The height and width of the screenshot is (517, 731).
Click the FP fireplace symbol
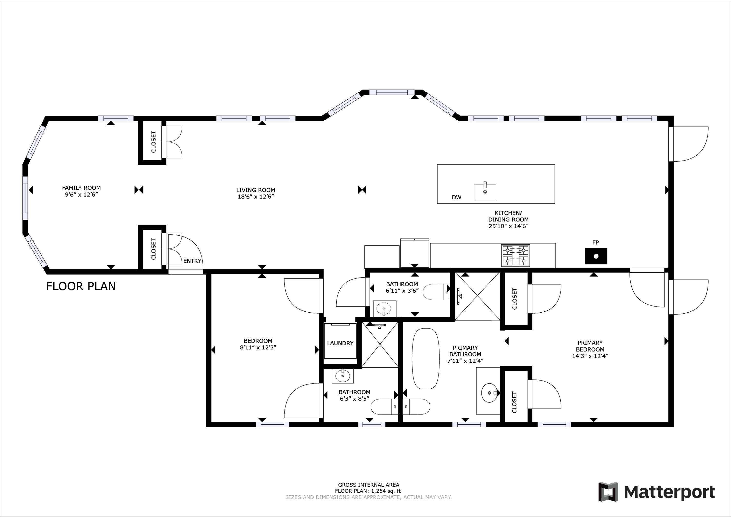(x=596, y=256)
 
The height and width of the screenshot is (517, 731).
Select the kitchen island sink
(x=485, y=192)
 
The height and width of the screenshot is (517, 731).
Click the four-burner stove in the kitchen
(x=515, y=255)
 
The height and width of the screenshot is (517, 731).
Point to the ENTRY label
(x=192, y=261)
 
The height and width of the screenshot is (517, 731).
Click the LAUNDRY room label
(x=340, y=343)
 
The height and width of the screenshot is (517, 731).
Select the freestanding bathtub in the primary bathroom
(x=425, y=358)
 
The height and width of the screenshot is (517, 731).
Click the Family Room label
(x=81, y=188)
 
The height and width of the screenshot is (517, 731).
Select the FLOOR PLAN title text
(x=81, y=286)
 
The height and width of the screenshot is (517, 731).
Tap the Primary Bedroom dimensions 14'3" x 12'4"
(x=590, y=356)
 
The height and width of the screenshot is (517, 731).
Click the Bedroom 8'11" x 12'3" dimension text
(x=258, y=348)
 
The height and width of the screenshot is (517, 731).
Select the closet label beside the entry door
(x=154, y=249)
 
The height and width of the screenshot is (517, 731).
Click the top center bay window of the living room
(x=392, y=93)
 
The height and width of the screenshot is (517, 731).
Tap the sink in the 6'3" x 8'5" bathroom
(x=343, y=376)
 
